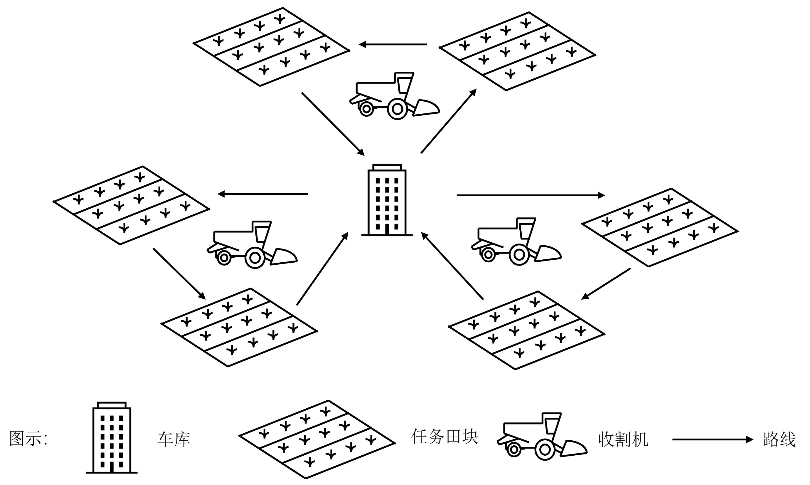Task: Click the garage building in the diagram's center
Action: (x=387, y=200)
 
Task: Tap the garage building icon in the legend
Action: (x=111, y=438)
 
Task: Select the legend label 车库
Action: (x=174, y=439)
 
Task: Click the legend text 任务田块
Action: (x=444, y=437)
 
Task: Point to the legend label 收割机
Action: (x=623, y=439)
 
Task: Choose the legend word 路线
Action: (x=779, y=439)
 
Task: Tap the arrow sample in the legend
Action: (x=712, y=439)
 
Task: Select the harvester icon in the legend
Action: (x=542, y=437)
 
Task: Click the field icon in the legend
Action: (x=317, y=439)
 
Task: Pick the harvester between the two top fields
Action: (x=394, y=95)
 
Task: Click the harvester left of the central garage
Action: (x=252, y=244)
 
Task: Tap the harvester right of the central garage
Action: (x=516, y=241)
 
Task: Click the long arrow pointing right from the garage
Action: (x=531, y=195)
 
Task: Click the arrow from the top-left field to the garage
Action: (x=333, y=124)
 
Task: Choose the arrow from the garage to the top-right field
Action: (x=449, y=121)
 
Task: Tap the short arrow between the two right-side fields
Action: (x=606, y=284)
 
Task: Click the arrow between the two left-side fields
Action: (x=179, y=274)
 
